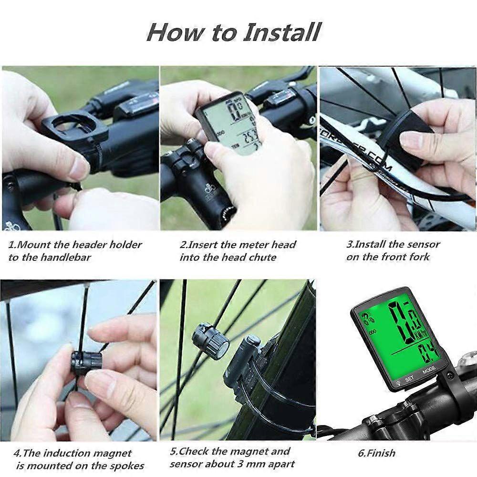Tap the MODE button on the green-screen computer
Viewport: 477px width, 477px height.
click(x=428, y=369)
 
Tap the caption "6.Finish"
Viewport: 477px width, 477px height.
click(x=376, y=453)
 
